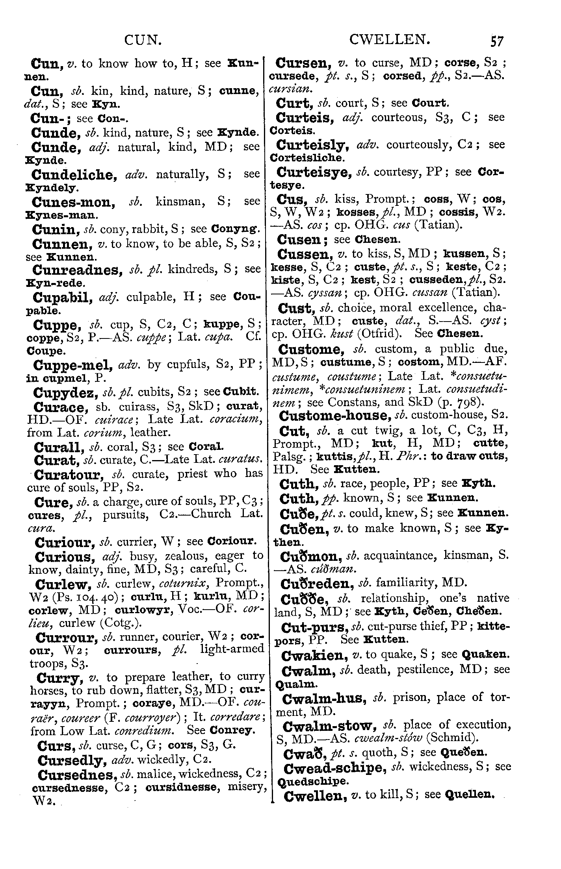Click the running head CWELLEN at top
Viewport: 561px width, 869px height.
[x=389, y=40]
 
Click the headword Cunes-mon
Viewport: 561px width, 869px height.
[x=73, y=202]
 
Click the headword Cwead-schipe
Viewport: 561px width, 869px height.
[x=334, y=767]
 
